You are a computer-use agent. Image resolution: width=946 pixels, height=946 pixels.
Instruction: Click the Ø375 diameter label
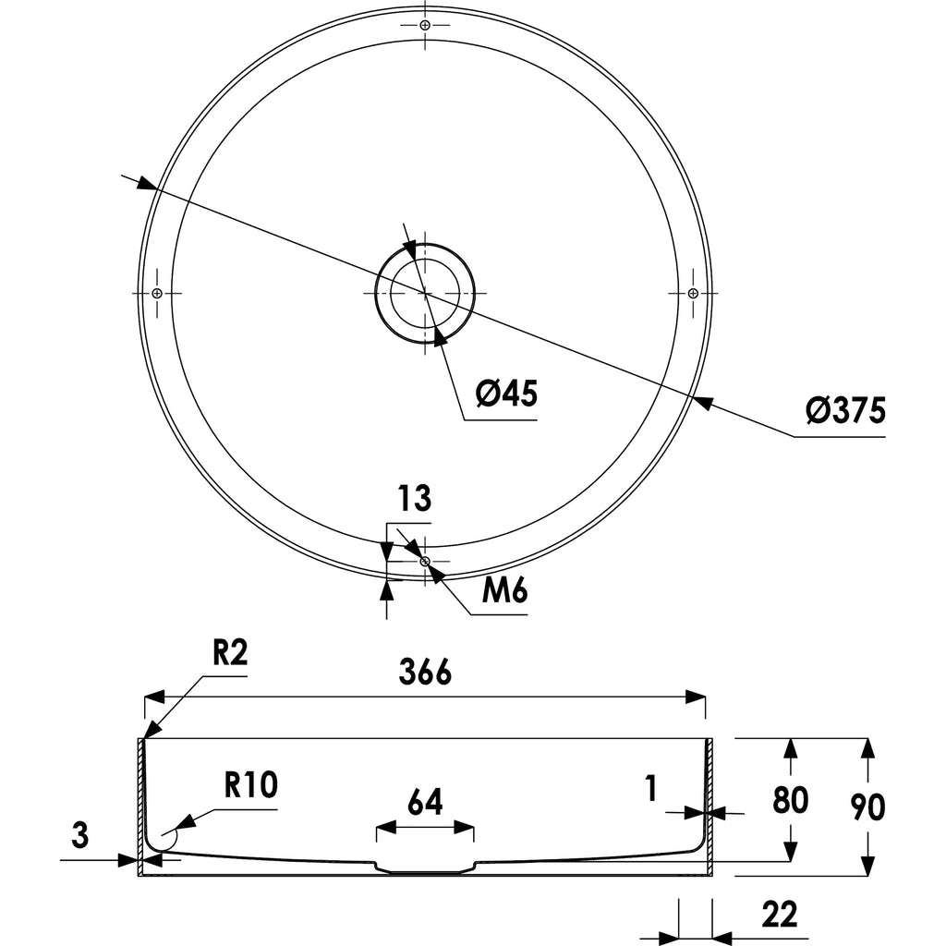[845, 411]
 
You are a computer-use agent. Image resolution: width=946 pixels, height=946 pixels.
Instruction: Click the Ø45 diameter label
[506, 394]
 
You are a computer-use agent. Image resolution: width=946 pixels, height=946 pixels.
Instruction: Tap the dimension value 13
[415, 498]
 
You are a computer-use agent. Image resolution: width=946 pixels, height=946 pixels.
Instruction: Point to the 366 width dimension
[425, 672]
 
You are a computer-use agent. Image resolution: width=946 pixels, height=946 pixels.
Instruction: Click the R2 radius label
[230, 652]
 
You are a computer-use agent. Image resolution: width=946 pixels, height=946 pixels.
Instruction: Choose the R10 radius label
[251, 785]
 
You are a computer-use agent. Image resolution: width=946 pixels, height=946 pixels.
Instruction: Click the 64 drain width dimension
[425, 802]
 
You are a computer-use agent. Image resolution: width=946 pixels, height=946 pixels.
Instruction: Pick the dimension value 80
[791, 800]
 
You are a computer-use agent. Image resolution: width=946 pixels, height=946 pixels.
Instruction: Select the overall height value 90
[867, 807]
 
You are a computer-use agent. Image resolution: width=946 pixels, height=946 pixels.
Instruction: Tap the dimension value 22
[780, 915]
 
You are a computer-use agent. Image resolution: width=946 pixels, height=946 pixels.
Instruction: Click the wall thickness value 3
[80, 835]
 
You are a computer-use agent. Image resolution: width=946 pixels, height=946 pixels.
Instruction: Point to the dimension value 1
[650, 789]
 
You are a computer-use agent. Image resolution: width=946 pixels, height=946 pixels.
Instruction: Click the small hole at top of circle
[425, 25]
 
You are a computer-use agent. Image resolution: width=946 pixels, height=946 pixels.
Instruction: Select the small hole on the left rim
[157, 293]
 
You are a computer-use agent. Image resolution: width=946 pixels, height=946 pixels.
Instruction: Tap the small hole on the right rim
[693, 293]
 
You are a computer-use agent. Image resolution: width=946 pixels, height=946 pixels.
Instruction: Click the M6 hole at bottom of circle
[425, 561]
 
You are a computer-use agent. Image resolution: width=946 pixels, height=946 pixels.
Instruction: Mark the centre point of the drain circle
[425, 293]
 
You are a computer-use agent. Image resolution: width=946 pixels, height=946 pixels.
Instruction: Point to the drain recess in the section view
[425, 867]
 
